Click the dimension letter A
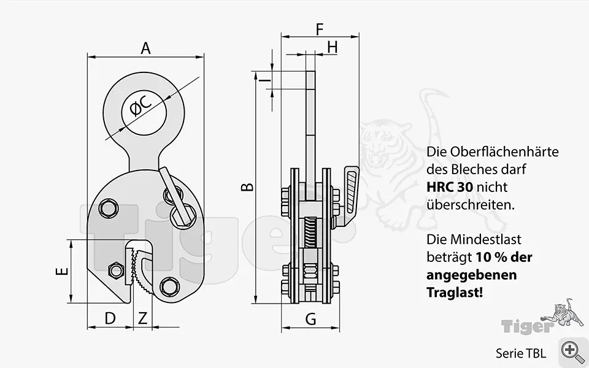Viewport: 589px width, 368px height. (146, 48)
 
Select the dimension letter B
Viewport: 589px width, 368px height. (247, 186)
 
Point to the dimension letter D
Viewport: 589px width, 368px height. (110, 318)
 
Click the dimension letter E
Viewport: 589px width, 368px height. (62, 270)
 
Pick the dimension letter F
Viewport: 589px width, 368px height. (320, 29)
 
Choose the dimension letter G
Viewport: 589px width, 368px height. (310, 319)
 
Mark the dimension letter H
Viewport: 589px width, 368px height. (333, 48)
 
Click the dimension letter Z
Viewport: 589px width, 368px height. (142, 318)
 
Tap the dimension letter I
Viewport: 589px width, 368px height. (266, 80)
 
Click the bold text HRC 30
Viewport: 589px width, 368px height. (450, 187)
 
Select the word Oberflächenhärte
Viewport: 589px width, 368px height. (504, 151)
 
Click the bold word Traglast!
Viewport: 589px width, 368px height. (455, 292)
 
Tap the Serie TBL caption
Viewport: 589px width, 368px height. (521, 353)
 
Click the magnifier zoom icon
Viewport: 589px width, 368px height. (571, 351)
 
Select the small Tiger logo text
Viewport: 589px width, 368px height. (528, 326)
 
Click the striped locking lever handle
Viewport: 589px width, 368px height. (352, 190)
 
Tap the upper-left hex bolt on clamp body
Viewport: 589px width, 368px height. (109, 209)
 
